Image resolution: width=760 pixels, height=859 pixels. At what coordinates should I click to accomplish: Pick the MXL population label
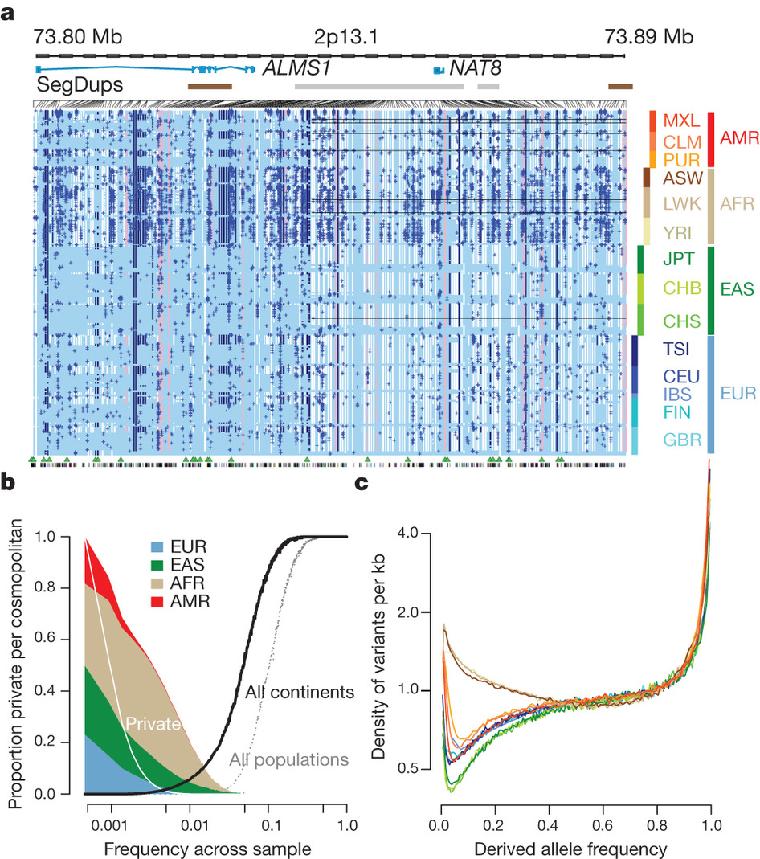679,121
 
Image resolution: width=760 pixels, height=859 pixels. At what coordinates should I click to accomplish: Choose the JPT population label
678,259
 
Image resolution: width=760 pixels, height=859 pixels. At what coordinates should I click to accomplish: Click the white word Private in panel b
151,723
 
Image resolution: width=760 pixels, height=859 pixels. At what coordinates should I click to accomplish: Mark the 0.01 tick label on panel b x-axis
192,826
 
